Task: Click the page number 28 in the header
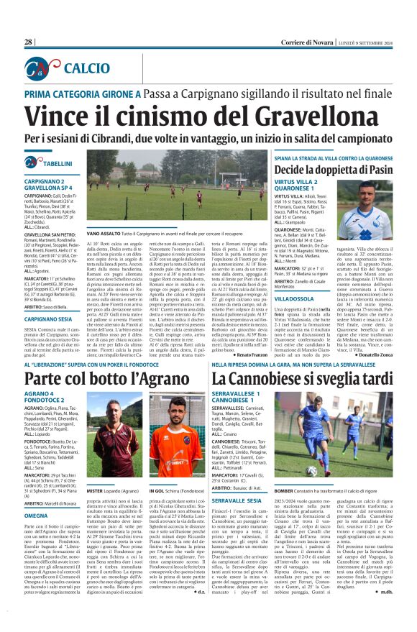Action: coord(28,42)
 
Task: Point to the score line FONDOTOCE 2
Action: coord(45,423)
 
